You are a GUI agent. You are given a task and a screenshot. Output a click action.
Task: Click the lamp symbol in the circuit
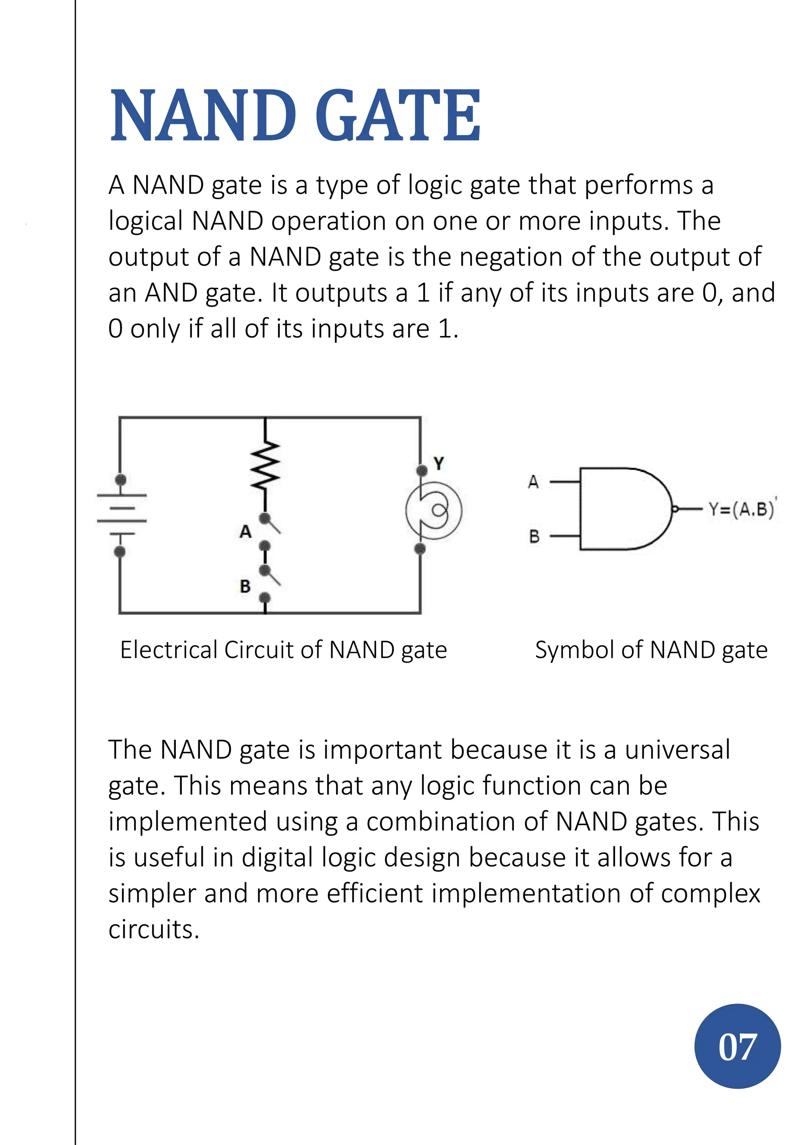pyautogui.click(x=434, y=510)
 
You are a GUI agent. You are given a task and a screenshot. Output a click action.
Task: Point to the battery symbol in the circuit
pyautogui.click(x=121, y=514)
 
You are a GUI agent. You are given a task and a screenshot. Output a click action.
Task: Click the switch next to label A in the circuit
pyautogui.click(x=272, y=524)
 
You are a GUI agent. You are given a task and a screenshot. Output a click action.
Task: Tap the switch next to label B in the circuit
pyautogui.click(x=272, y=577)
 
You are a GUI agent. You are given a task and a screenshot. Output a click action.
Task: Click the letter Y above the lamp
pyautogui.click(x=438, y=463)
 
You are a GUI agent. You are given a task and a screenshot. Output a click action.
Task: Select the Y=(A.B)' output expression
pyautogui.click(x=742, y=509)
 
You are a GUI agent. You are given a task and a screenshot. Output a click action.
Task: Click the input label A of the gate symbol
pyautogui.click(x=533, y=482)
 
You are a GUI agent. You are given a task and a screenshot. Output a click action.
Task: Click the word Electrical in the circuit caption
pyautogui.click(x=169, y=650)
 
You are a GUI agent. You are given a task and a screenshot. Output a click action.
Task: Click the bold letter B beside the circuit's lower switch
pyautogui.click(x=245, y=586)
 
